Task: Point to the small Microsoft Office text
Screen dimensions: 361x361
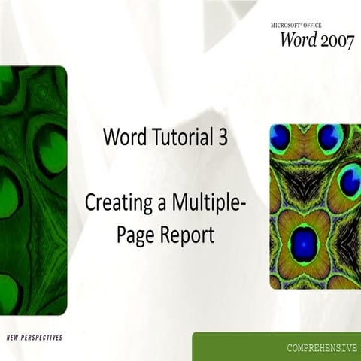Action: click(300, 24)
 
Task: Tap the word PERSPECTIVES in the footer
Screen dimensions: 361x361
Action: click(41, 337)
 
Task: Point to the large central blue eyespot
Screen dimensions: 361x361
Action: click(304, 242)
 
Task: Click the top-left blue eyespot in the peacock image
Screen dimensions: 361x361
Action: click(281, 136)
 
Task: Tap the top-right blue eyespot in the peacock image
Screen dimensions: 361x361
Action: click(328, 137)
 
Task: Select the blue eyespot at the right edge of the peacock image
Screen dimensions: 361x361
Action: click(350, 181)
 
